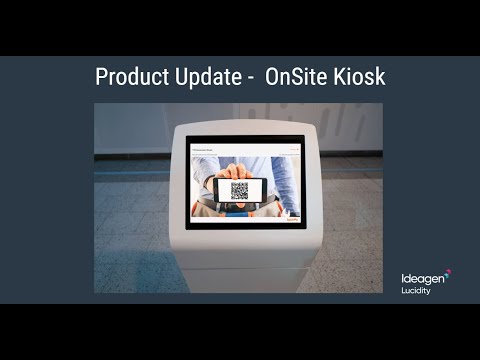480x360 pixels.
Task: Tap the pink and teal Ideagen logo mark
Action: pos(446,271)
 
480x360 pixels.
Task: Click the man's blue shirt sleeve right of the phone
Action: pos(280,180)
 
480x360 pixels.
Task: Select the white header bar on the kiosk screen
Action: pos(240,147)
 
